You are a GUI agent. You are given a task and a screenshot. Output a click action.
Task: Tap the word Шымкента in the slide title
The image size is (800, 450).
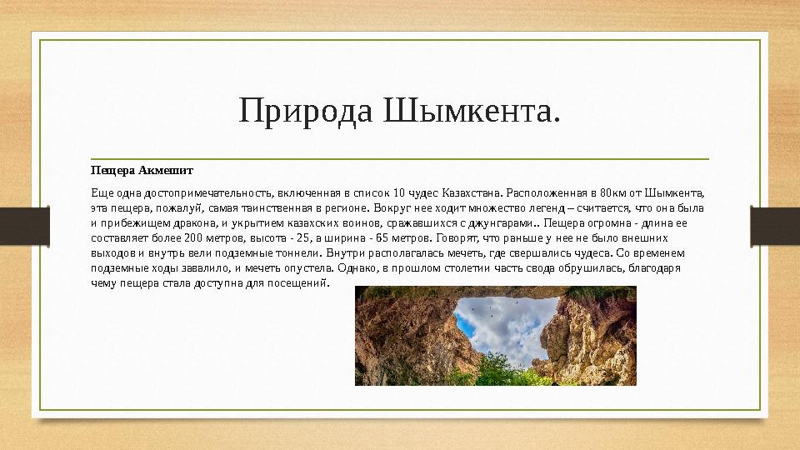471,110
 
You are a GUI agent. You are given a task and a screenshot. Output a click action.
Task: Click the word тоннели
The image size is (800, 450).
297,252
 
